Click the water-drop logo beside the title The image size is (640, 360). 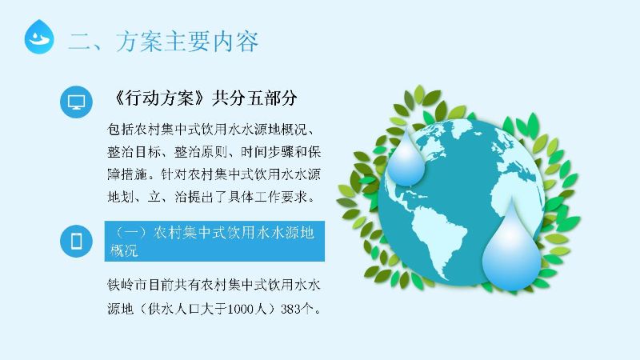point(39,37)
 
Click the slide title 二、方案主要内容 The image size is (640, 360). point(163,42)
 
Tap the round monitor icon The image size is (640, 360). point(76,102)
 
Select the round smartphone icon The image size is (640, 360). point(76,241)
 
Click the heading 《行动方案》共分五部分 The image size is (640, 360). point(204,98)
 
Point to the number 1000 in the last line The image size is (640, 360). point(241,309)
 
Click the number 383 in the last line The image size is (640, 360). point(290,309)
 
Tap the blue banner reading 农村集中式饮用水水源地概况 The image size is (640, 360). point(214,241)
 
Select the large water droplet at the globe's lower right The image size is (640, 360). point(511,250)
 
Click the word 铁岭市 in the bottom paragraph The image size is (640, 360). point(127,285)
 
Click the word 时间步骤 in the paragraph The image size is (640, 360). point(267,152)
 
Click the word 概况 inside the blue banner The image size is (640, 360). point(124,250)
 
